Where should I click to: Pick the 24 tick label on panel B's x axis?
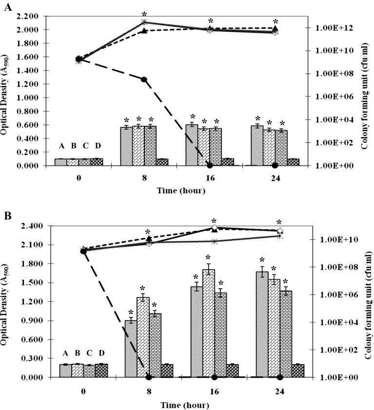pos(279,390)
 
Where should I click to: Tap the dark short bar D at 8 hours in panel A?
pos(162,162)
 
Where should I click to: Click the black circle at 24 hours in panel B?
pos(279,377)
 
